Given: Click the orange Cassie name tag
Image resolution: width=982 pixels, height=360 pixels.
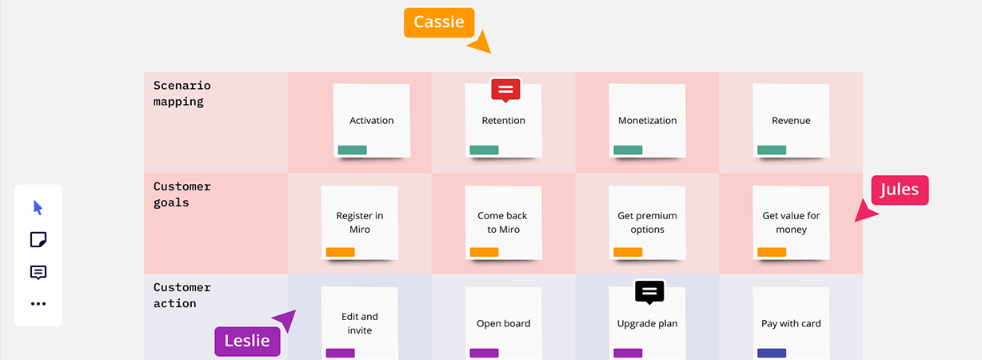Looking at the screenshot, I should coord(439,22).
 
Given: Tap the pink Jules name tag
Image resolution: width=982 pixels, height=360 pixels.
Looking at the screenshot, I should coord(900,190).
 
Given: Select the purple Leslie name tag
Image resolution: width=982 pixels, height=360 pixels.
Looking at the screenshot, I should coord(247,342).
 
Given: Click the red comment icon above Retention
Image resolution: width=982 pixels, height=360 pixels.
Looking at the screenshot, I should coord(505,90).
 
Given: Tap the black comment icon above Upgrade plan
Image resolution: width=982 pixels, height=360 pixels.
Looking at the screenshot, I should coord(650,291).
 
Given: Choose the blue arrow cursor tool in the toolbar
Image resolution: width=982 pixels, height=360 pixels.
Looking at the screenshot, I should coord(38,208).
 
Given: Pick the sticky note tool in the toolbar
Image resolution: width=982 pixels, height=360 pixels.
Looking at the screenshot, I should coord(38,240).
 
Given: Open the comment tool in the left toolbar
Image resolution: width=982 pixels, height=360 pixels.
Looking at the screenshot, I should coord(38,272).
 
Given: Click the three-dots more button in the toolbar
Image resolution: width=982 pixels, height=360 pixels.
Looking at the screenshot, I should coord(38,304).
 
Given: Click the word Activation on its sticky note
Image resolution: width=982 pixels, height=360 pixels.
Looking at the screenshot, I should coord(372,121).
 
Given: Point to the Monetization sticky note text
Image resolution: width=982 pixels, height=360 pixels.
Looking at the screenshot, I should coord(647,121).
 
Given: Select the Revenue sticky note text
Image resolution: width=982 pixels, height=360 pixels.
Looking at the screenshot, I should coord(791,121).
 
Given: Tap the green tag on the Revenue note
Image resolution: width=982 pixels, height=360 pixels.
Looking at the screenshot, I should coord(772,150).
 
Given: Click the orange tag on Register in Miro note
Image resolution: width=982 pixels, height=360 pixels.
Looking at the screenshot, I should coord(340,252).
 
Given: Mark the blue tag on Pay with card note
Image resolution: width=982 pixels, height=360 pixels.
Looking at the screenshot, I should coord(772,353).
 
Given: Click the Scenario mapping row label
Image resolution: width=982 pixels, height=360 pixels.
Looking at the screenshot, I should coord(182,94).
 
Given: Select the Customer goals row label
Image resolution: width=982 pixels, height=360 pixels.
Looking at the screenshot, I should coord(182,194).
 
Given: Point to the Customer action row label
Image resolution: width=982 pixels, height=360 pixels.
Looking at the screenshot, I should coord(182,295).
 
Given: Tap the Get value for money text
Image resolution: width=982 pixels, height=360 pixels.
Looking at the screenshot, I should coord(791,222).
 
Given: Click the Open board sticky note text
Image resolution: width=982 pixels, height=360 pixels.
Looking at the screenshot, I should coord(503,324).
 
